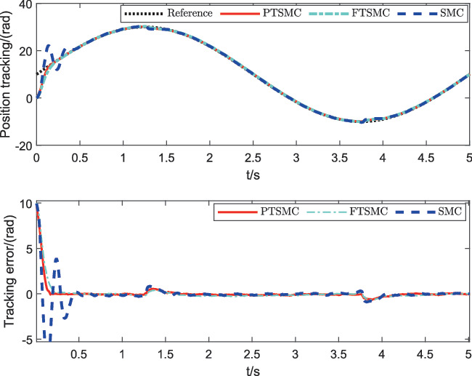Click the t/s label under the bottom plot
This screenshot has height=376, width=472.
click(x=252, y=369)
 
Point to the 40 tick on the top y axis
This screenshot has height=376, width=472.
click(x=23, y=6)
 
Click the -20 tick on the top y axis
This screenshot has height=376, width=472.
click(x=22, y=145)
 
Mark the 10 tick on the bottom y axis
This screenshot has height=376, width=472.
click(x=23, y=204)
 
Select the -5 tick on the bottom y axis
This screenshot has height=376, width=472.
click(x=25, y=339)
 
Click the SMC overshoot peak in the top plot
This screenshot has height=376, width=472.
click(x=49, y=45)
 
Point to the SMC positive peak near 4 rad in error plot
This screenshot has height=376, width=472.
click(x=56, y=258)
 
